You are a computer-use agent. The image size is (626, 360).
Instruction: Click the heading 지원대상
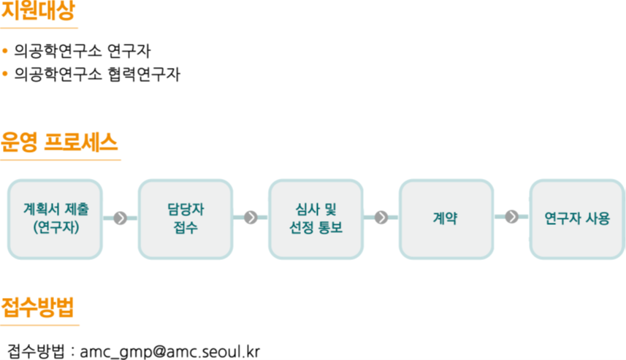[x=38, y=10]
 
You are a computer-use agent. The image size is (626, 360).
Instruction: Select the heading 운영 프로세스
[x=59, y=142]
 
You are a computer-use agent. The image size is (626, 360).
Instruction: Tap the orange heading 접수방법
[x=37, y=307]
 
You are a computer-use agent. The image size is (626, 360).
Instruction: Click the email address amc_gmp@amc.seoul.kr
[x=169, y=352]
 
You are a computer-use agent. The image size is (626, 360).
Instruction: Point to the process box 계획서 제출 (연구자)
[x=55, y=219]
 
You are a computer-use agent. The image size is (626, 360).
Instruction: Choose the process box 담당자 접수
[x=186, y=219]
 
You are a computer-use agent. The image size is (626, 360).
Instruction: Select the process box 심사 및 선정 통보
[x=316, y=219]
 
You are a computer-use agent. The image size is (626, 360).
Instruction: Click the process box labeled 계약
[x=446, y=219]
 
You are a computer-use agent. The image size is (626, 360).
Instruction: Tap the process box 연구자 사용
[x=577, y=219]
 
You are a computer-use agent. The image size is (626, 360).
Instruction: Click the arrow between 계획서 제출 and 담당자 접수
[x=121, y=218]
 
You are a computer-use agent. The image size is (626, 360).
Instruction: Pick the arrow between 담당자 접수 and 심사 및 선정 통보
[x=251, y=218]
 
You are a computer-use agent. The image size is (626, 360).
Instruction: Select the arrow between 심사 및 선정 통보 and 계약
[x=381, y=218]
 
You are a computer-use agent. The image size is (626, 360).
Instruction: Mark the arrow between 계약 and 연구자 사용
[x=512, y=217]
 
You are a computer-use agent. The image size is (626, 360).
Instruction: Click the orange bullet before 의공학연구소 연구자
[x=5, y=50]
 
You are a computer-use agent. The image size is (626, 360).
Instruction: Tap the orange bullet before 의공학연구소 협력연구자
[x=5, y=74]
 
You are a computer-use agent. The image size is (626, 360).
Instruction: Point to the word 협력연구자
[x=144, y=74]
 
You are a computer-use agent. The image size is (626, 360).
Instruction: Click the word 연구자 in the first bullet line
[x=129, y=51]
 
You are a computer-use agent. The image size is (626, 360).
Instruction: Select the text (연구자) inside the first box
[x=56, y=228]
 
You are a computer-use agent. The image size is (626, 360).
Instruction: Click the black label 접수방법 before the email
[x=36, y=351]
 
